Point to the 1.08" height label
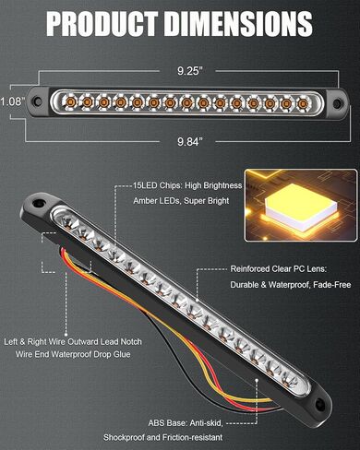coord(11,101)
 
